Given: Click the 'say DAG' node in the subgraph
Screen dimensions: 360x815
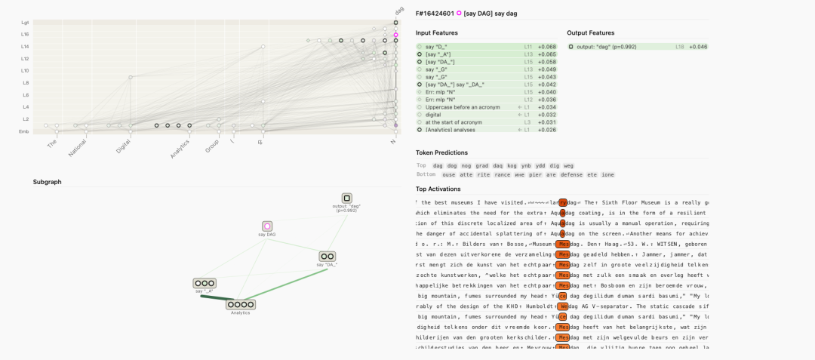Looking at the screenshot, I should coord(267,226).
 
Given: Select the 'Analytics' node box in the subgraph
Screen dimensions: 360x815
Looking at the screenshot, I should coord(240,304).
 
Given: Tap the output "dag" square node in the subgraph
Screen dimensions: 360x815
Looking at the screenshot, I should coord(346,198).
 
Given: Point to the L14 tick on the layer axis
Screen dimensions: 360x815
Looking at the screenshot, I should coord(26,46).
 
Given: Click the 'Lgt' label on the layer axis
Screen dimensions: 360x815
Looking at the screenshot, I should coord(26,23).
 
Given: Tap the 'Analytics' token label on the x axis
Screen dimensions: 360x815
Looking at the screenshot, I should coord(180,148).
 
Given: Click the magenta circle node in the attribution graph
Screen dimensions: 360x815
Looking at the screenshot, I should coord(395,35).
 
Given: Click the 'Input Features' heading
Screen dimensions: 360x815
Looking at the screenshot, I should coord(438,33).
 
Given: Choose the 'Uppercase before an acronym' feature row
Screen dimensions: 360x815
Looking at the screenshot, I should coord(463,107).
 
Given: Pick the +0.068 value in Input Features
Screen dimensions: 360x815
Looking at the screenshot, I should coord(546,47).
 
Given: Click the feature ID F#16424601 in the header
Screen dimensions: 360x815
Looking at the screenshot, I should coord(434,13).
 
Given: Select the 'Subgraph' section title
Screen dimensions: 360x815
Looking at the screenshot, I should coord(47,182).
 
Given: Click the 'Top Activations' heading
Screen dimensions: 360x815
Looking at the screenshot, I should coord(438,189).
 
